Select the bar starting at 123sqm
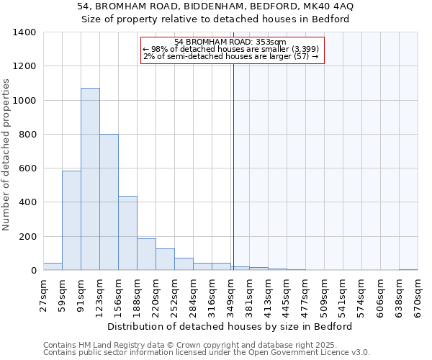click(109, 202)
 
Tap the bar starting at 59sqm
click(71, 220)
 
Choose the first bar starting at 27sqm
click(53, 266)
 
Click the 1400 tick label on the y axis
click(24, 32)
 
